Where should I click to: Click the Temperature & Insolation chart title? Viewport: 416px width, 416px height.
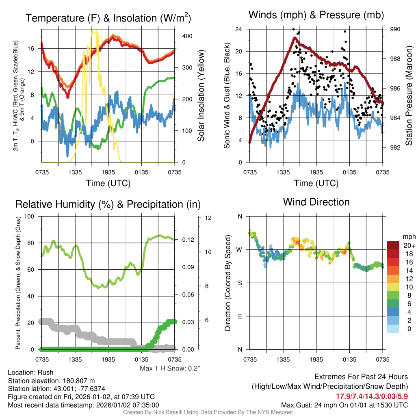108,18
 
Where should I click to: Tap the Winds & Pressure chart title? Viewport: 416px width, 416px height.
316,15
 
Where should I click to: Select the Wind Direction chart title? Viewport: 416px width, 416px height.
316,202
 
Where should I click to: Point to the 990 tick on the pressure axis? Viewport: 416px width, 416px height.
396,29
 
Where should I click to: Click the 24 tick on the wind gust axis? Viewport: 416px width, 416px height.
238,29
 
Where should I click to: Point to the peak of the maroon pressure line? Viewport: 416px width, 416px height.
295,38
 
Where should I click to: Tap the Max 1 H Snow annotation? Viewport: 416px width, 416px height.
170,368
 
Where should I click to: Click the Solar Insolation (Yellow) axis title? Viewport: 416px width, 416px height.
201,96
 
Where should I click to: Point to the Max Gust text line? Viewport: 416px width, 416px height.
344,405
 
